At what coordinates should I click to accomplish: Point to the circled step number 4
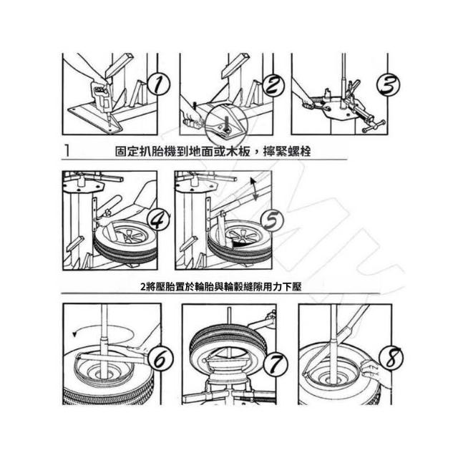click(x=159, y=220)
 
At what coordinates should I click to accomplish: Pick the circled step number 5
click(x=272, y=220)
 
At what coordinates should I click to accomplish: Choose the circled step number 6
click(x=160, y=359)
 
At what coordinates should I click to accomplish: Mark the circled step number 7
click(x=276, y=364)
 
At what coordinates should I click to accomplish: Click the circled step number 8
click(x=391, y=358)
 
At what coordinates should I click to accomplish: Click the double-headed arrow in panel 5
click(x=253, y=189)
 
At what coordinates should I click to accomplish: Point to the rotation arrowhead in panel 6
click(x=74, y=333)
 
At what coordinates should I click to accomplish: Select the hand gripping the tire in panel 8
click(x=372, y=371)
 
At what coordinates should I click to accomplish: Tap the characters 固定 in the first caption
click(x=127, y=151)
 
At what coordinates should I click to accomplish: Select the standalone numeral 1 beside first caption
click(x=67, y=150)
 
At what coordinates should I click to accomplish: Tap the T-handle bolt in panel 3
click(x=374, y=126)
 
